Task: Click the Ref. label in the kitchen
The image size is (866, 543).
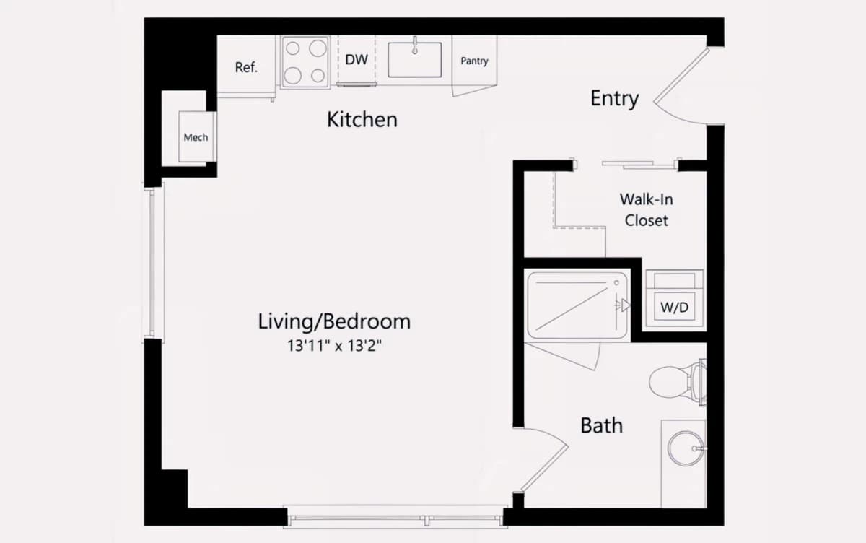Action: (x=246, y=67)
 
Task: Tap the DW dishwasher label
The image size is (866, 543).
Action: (x=356, y=59)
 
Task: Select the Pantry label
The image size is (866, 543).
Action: (x=474, y=61)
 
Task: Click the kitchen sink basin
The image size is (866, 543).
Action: (x=414, y=60)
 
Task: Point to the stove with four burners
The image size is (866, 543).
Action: (x=305, y=62)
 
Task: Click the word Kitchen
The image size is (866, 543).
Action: (x=362, y=120)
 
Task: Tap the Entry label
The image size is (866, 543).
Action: (x=614, y=99)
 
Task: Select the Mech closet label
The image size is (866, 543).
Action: (x=196, y=137)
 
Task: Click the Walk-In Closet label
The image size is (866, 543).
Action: (x=646, y=209)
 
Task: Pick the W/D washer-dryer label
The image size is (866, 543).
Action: (x=674, y=308)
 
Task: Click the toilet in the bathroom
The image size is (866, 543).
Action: (x=678, y=382)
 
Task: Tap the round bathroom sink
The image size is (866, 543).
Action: (x=686, y=448)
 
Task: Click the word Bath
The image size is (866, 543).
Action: (x=602, y=425)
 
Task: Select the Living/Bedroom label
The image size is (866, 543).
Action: (x=334, y=322)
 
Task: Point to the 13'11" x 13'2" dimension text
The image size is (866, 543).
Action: (x=334, y=346)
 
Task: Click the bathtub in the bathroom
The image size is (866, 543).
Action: (x=577, y=306)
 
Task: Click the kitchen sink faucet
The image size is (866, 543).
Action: (x=414, y=45)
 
